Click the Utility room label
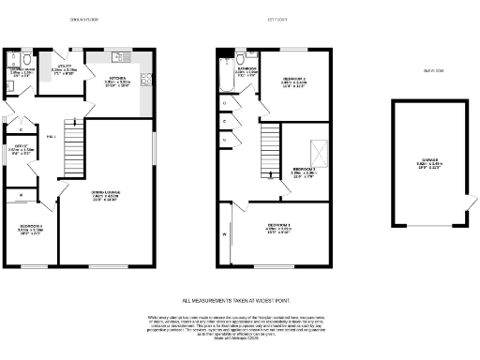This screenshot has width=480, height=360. click(x=77, y=68)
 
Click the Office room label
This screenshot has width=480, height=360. click(x=23, y=147)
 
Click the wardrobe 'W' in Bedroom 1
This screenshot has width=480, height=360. click(x=226, y=234)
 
